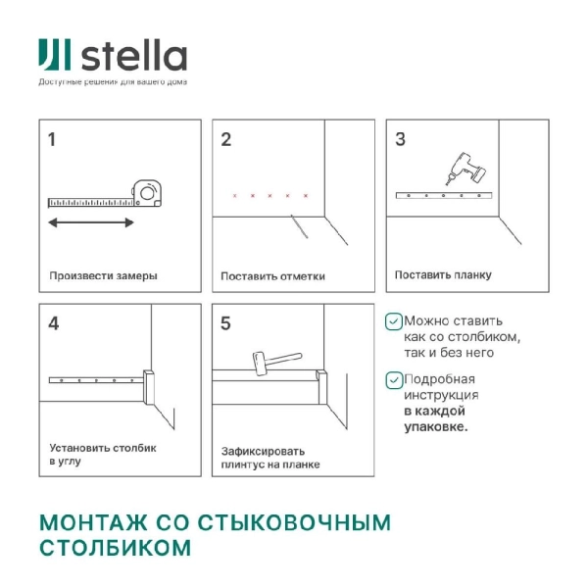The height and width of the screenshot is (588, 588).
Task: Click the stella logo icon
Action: pyautogui.click(x=54, y=57)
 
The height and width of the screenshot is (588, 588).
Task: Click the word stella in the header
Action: pyautogui.click(x=133, y=55)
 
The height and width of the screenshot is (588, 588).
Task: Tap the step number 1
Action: pyautogui.click(x=53, y=139)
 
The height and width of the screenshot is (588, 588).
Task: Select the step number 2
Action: pyautogui.click(x=226, y=139)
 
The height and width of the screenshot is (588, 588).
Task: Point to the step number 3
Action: pyautogui.click(x=400, y=139)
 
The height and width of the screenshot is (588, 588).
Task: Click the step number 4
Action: pyautogui.click(x=53, y=322)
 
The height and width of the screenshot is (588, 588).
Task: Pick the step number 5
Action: pyautogui.click(x=226, y=322)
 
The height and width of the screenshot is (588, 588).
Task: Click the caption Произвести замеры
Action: pyautogui.click(x=103, y=275)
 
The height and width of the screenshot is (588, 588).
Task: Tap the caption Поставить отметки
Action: pyautogui.click(x=272, y=275)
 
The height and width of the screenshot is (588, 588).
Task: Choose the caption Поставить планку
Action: pyautogui.click(x=443, y=275)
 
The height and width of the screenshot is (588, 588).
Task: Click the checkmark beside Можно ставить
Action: pyautogui.click(x=393, y=320)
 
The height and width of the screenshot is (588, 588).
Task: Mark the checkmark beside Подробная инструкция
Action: pyautogui.click(x=393, y=379)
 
